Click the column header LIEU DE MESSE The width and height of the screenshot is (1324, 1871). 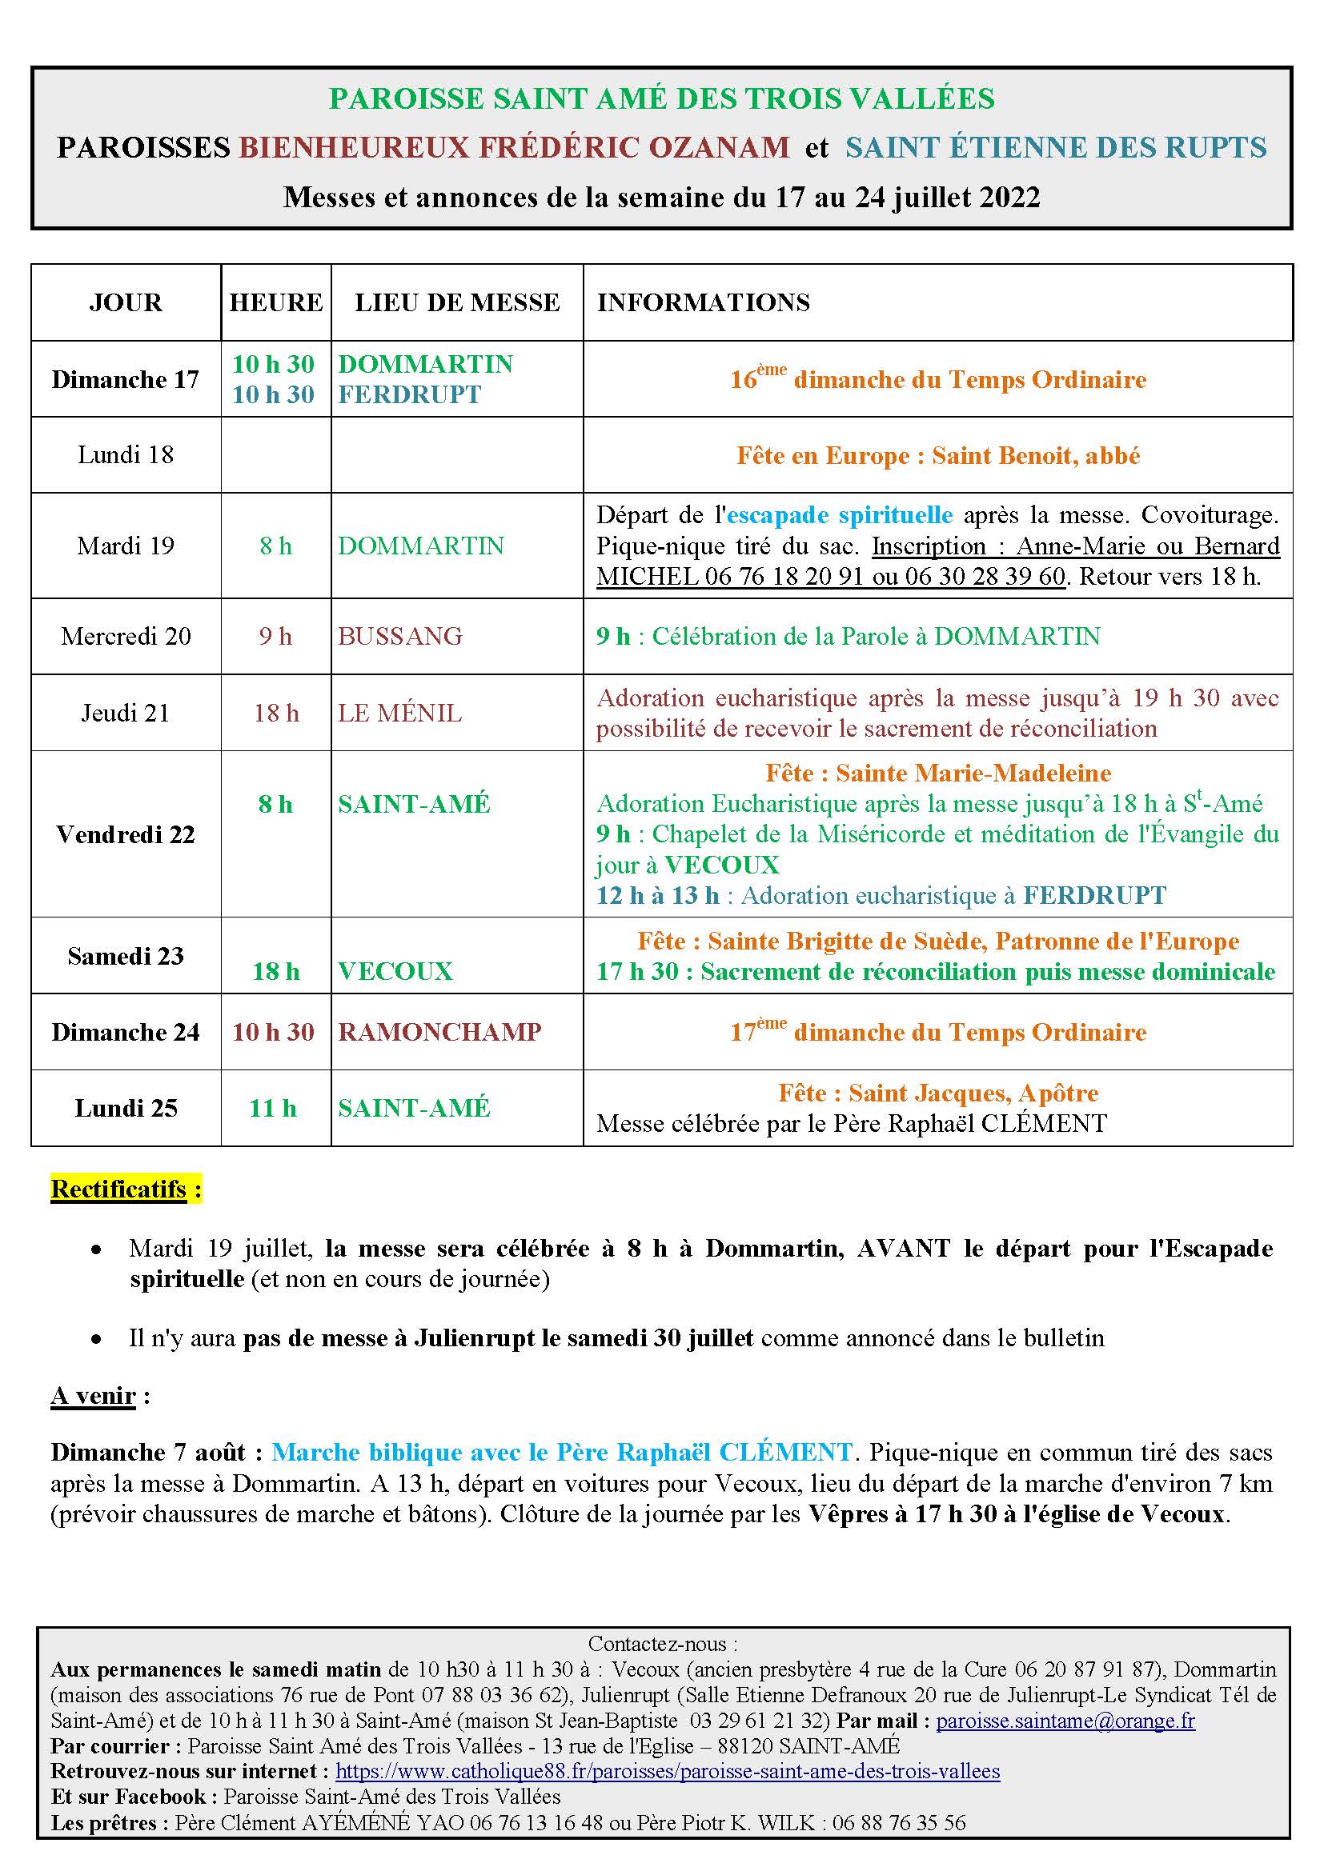456,302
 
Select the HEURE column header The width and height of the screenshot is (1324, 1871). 275,302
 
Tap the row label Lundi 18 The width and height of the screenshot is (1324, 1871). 126,454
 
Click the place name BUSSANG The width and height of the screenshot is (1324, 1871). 399,637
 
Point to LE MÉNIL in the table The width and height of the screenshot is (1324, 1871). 399,713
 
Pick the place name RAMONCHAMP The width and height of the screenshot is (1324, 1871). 439,1032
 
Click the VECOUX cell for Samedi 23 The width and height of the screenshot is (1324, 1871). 395,971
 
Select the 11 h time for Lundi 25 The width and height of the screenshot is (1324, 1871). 273,1108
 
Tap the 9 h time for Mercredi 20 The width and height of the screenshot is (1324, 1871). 275,637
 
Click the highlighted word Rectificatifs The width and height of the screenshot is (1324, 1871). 119,1189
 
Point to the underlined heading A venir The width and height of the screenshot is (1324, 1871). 93,1396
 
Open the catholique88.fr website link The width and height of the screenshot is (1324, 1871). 667,1771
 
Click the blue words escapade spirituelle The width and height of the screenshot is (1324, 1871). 839,515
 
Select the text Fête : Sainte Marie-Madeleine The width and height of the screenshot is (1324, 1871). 937,773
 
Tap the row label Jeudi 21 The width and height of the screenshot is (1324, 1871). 126,713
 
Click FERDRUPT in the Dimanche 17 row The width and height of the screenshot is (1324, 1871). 409,395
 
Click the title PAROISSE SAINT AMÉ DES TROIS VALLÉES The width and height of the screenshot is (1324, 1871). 661,98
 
